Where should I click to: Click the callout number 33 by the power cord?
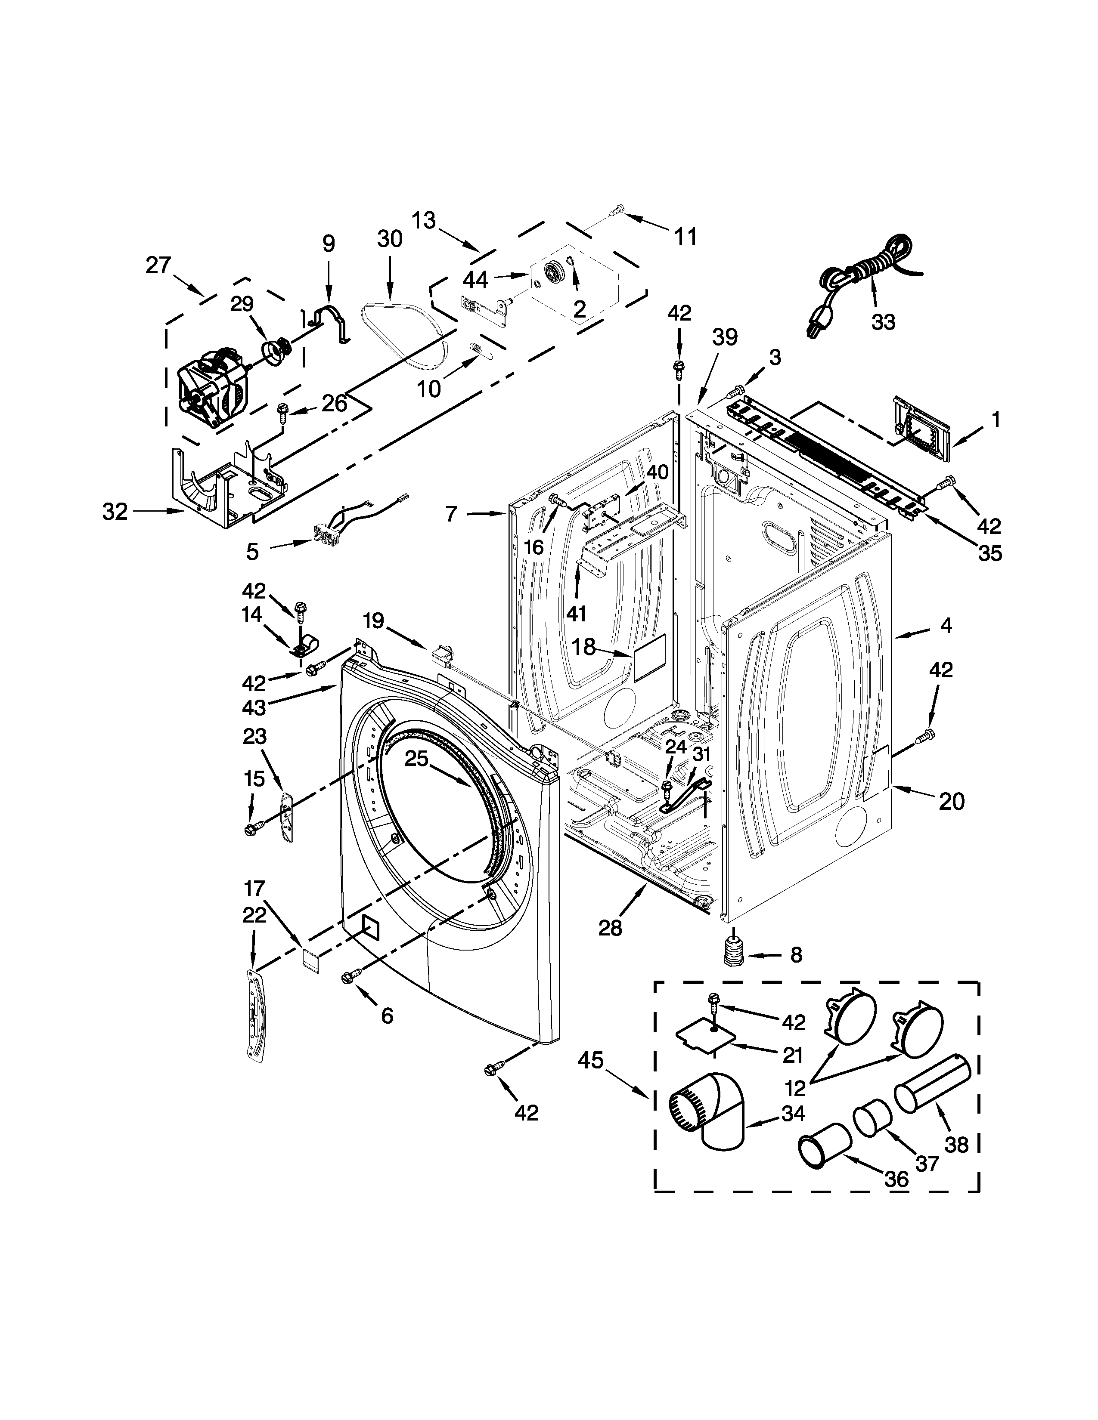point(883,321)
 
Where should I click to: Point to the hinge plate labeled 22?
point(257,1016)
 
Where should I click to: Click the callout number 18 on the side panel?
point(584,646)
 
